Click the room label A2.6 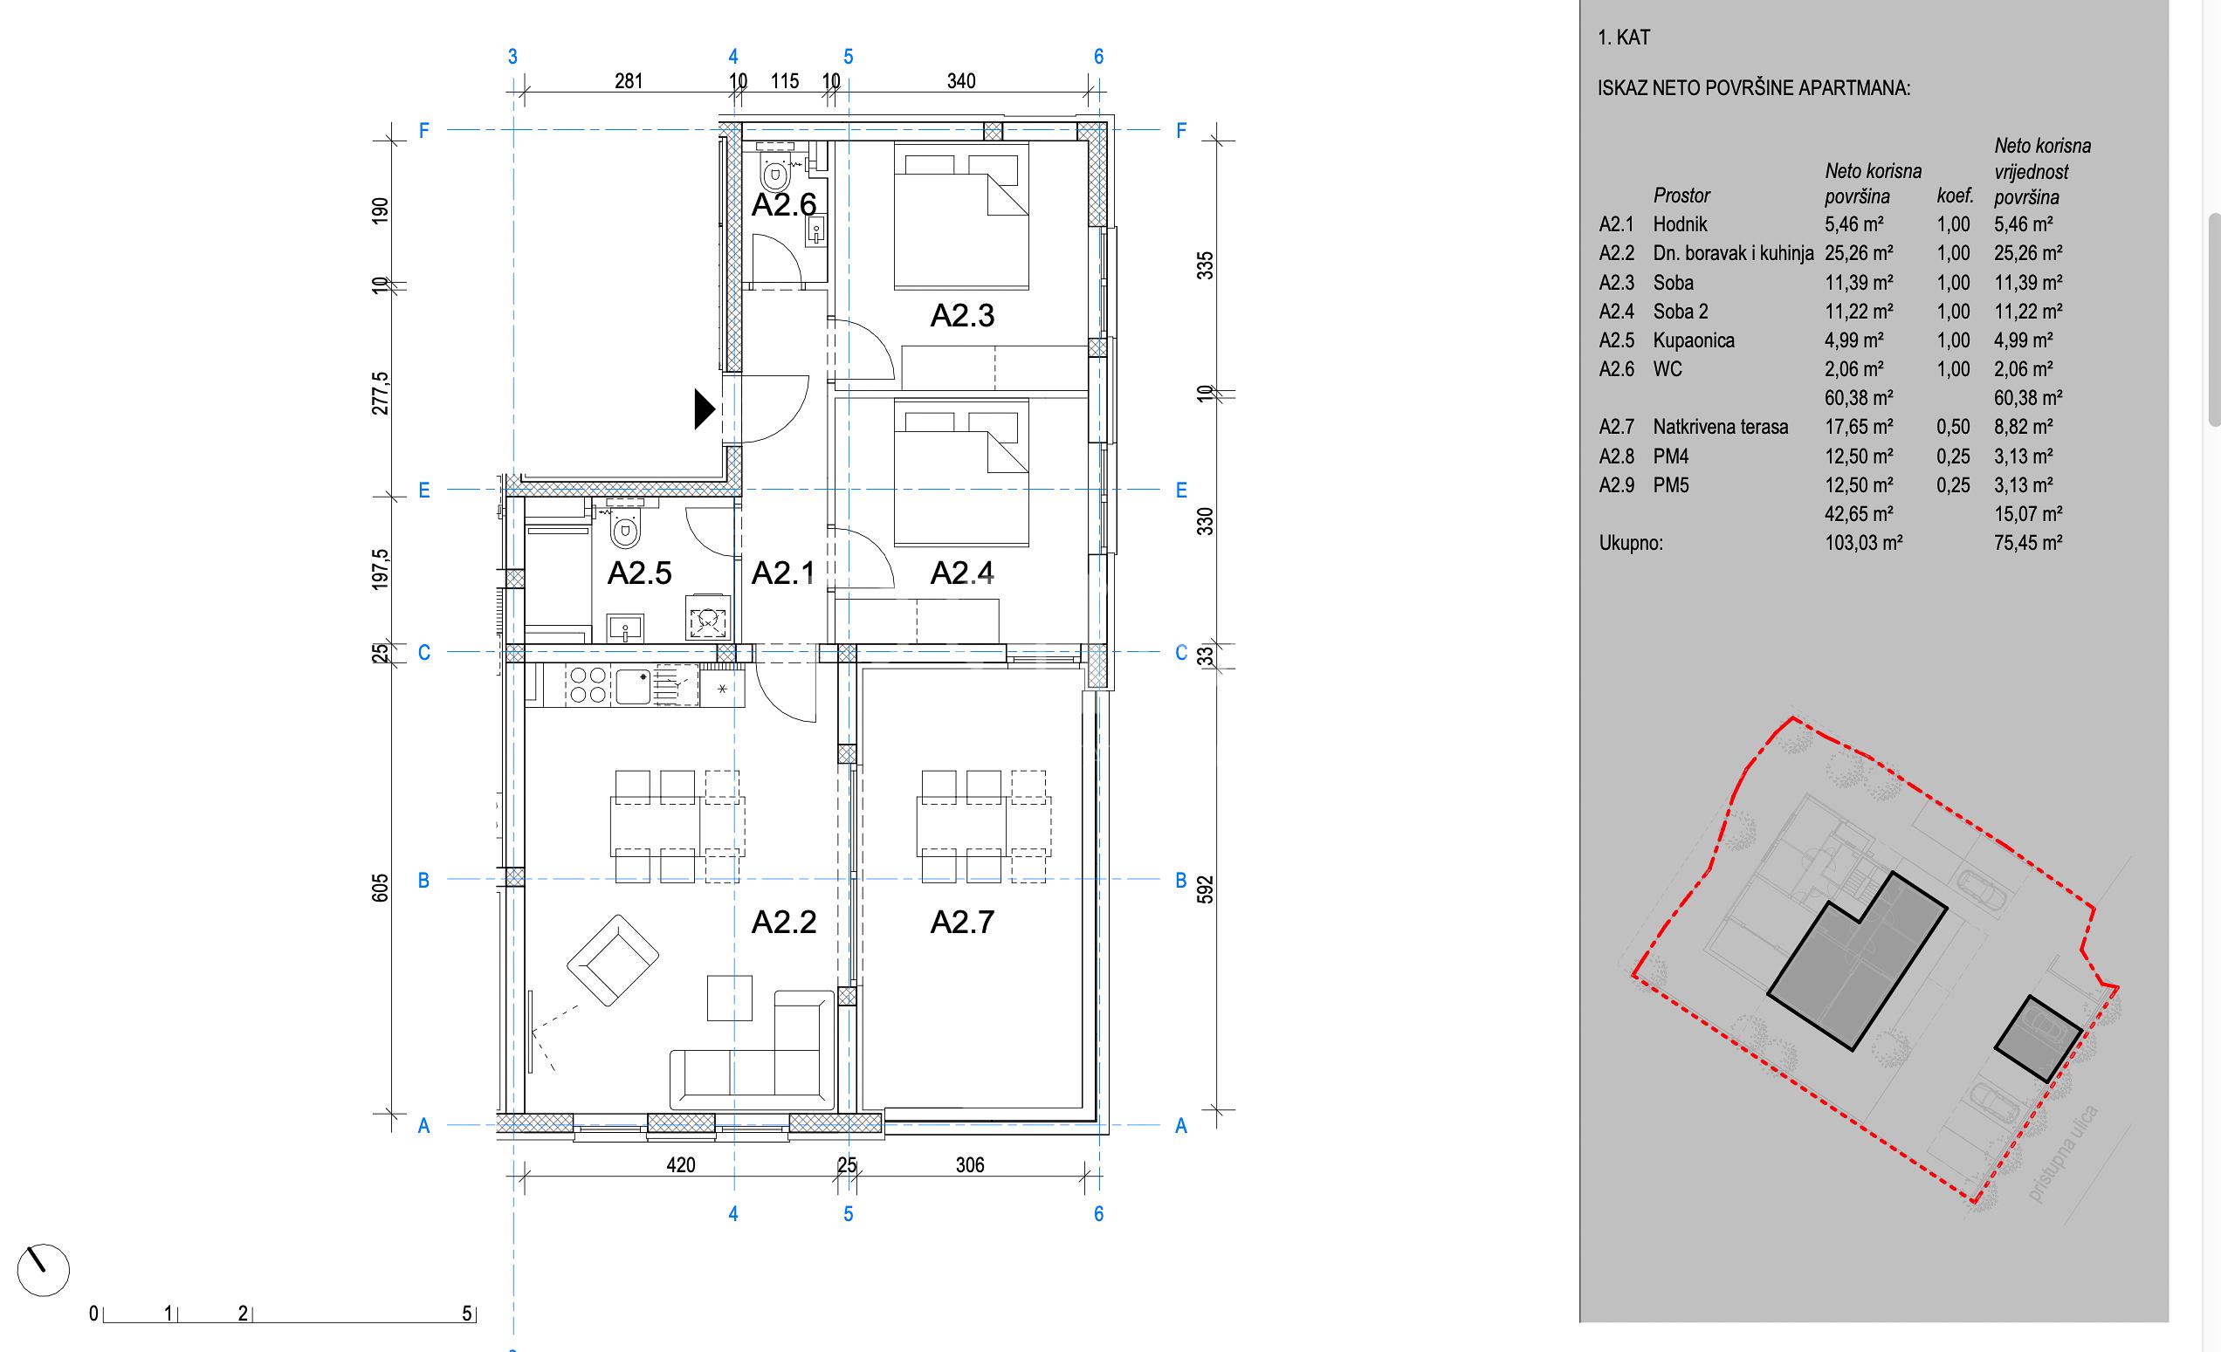(784, 204)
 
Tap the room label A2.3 (962, 315)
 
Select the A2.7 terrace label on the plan (962, 922)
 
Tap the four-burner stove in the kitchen (588, 684)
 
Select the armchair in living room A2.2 (613, 962)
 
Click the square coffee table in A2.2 (729, 998)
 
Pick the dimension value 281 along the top (629, 81)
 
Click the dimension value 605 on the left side (381, 888)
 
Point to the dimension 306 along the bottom (970, 1164)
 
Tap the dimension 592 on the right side (1205, 889)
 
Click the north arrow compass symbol (43, 1270)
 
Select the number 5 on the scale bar (467, 1314)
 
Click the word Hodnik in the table (1681, 224)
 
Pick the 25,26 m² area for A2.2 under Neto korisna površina (1859, 253)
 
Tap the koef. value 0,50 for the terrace (1953, 427)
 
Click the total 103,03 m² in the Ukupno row (1864, 543)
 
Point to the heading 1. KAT (1625, 38)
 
